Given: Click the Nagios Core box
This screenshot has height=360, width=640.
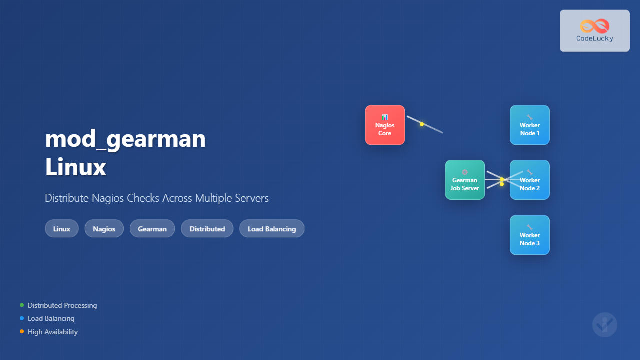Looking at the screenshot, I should pos(385,125).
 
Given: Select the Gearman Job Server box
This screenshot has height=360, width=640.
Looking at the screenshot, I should pos(465,180).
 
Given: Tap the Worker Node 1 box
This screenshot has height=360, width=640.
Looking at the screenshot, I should pos(530,125).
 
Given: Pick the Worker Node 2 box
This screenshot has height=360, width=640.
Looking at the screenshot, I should pos(530,180).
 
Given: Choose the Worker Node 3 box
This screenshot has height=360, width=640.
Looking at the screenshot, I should pos(530,235).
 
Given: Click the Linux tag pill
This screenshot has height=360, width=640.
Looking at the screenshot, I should pos(62,229).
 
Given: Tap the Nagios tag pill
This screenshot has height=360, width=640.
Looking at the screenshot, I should pos(104,229).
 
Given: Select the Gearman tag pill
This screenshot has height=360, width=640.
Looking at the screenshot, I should pos(152,229).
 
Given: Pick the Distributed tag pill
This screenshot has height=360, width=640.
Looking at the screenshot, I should pos(207,229).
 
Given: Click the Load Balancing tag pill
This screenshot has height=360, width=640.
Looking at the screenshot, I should pos(272,229).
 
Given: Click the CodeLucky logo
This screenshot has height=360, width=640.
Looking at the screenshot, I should pos(595,31).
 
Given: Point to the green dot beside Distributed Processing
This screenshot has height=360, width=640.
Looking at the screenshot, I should pos(22,305).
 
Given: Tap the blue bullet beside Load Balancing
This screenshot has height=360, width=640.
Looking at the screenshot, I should pos(22,318).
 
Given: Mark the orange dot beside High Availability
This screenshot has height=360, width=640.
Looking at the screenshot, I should pos(22,331).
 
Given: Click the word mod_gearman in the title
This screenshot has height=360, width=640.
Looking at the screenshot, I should pos(125,139).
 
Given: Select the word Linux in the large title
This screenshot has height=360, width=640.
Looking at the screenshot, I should pos(76,167).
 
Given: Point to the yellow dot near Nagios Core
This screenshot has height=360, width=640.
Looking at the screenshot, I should pos(422,124).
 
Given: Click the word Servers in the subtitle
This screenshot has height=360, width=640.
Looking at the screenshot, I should pos(252,198).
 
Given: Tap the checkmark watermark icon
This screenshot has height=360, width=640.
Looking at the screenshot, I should pos(605,325).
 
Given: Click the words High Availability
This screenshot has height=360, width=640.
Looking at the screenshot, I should pos(53,332).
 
